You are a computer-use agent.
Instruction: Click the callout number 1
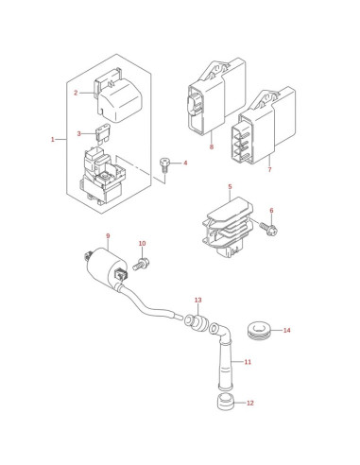(53, 139)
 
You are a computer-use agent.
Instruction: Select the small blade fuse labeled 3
(102, 134)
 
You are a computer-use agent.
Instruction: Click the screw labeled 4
(164, 165)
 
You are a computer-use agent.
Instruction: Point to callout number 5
(230, 187)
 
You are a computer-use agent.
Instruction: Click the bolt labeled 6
(268, 229)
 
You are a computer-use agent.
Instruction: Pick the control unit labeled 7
(267, 126)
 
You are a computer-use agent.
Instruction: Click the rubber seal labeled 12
(226, 402)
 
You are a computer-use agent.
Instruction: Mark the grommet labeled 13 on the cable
(197, 322)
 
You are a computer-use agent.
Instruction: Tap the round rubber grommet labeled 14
(258, 330)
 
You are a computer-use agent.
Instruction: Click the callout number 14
(286, 330)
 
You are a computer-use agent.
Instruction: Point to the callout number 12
(249, 403)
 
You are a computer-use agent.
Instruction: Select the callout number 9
(108, 235)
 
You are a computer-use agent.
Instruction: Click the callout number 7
(269, 170)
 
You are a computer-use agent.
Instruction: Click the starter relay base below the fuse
(102, 177)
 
